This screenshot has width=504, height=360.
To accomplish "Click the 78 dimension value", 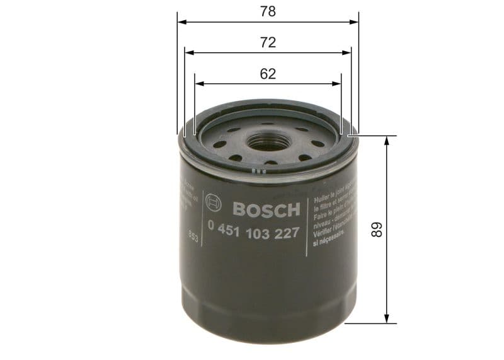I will pos(268,11).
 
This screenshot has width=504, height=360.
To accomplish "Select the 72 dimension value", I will pos(268,43).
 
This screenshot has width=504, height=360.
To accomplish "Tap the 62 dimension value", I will pos(268,74).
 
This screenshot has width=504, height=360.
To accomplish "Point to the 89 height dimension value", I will pos(377,229).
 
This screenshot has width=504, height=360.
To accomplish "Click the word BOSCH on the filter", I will pos(266,209).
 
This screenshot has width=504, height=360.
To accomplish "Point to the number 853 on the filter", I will pos(193,238).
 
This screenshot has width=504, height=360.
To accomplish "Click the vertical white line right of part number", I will pos(306,227).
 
